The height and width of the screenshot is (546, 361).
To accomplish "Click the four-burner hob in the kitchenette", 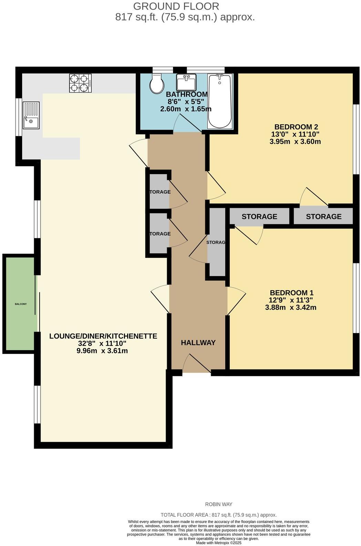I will (80, 83).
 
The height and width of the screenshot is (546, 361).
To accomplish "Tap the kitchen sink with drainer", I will (31, 115).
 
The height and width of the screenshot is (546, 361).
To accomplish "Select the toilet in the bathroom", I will (157, 84).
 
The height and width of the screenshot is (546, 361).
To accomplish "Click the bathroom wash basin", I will (186, 82).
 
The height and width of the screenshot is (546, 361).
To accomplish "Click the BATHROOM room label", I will (187, 94).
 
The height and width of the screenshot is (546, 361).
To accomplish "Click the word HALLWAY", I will (198, 343).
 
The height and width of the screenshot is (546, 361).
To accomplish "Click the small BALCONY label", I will (21, 304).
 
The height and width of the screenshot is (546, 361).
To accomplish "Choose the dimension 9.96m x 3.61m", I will (103, 351).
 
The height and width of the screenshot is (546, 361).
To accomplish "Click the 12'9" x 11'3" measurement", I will (291, 300).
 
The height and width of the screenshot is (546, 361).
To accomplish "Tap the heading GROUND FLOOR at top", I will (176, 6).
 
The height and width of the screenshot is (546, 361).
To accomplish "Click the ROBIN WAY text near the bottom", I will (218, 504).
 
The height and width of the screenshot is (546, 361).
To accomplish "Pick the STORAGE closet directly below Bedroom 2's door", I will (323, 216).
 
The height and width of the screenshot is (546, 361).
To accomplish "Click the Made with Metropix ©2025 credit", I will (218, 543).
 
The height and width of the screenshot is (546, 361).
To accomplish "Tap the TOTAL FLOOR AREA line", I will (218, 515).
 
